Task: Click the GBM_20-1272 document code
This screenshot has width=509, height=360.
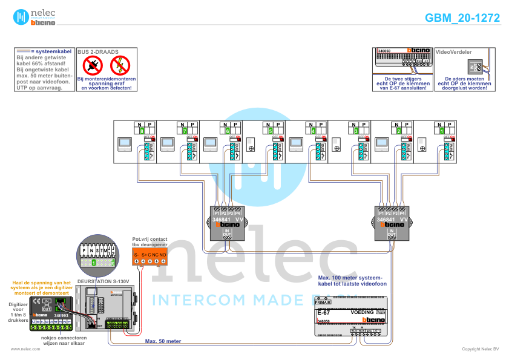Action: [462, 18]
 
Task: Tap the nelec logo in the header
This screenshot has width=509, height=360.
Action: [35, 17]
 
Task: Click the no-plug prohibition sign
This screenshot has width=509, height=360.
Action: [93, 65]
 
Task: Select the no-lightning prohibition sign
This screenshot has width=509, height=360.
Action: [120, 65]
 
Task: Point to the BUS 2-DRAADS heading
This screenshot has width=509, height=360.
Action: [97, 53]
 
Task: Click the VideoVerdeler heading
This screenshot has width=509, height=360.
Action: [453, 53]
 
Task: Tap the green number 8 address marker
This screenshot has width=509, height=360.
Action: [142, 130]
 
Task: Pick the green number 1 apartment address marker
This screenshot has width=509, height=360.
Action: [442, 130]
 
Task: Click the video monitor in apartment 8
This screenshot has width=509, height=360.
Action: [124, 144]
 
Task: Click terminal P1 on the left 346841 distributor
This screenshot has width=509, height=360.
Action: [217, 214]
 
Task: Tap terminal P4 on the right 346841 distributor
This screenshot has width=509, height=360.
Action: [402, 214]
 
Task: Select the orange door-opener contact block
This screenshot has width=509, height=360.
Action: [150, 256]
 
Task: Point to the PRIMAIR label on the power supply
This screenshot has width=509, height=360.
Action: [323, 302]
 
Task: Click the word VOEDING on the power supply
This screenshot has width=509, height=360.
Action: [363, 312]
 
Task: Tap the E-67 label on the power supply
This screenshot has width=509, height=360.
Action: [324, 312]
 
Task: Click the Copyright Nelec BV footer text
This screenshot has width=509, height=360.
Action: [480, 349]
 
